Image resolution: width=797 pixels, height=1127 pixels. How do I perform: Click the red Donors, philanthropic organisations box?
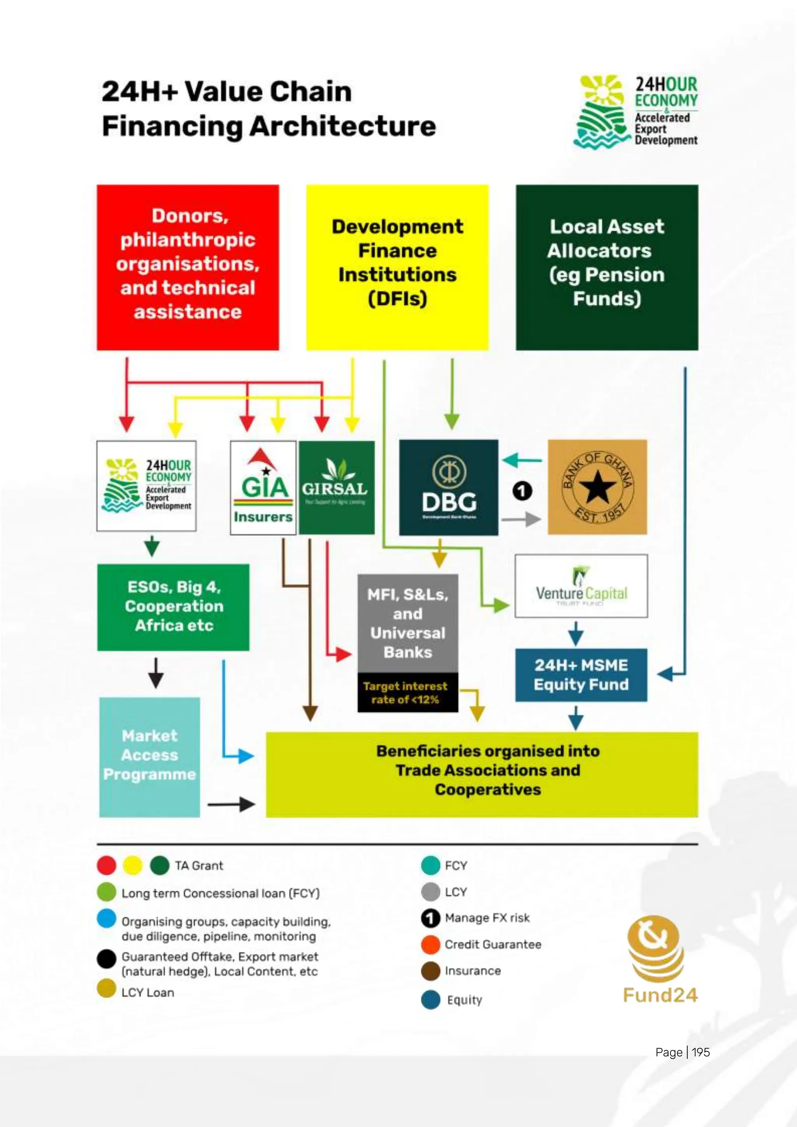(x=188, y=267)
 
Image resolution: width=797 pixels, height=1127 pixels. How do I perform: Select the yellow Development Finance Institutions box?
(x=397, y=267)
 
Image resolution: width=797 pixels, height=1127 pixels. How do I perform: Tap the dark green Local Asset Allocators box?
(x=607, y=267)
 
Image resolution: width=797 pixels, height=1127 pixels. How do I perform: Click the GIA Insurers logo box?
(x=263, y=487)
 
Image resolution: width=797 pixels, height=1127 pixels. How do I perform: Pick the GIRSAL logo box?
(x=336, y=487)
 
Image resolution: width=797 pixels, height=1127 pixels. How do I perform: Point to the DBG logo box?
(x=449, y=487)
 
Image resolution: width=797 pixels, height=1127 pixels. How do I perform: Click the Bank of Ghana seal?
(x=597, y=487)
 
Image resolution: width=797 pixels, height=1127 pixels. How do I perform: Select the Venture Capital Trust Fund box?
(x=581, y=586)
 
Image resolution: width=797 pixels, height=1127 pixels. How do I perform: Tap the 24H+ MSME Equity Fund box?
(x=581, y=675)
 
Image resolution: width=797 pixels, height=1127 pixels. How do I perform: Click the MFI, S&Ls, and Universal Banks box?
(x=407, y=623)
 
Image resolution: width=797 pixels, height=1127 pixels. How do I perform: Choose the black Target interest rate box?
(x=407, y=693)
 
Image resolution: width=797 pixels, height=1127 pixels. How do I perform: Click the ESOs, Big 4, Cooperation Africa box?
(x=173, y=607)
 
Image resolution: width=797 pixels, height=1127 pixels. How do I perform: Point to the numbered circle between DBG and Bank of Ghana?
(x=522, y=491)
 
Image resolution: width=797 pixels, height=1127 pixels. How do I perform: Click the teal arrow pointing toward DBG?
(x=522, y=460)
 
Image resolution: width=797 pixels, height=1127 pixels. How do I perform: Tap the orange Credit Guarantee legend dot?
(x=430, y=944)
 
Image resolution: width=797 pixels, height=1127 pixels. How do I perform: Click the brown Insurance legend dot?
(x=430, y=971)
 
